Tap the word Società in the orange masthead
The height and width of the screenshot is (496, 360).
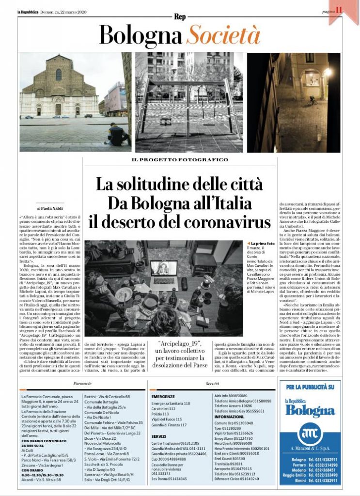click(x=223, y=35)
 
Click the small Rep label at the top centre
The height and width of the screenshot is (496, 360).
click(x=180, y=16)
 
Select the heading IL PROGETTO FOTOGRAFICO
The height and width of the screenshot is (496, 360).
click(x=180, y=160)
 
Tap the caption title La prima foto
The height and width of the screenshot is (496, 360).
click(x=264, y=243)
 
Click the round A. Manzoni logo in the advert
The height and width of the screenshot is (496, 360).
click(x=310, y=433)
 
